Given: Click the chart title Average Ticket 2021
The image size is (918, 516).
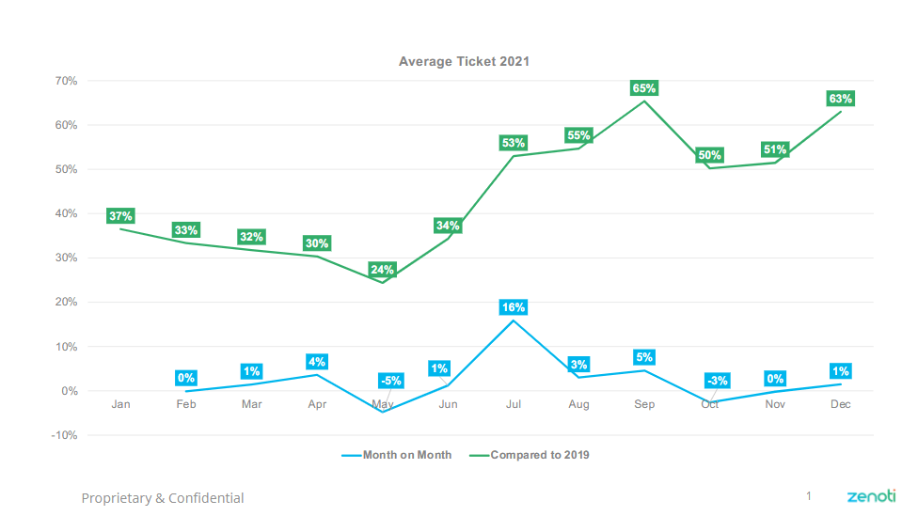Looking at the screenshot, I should [x=464, y=61].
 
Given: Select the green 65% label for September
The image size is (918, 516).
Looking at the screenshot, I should [x=644, y=88].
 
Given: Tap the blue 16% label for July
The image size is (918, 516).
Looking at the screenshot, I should [x=514, y=307].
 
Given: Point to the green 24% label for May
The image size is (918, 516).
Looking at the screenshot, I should [x=383, y=270].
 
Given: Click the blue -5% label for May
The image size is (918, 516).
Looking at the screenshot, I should [x=390, y=381].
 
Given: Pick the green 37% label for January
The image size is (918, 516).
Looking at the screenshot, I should [x=120, y=215].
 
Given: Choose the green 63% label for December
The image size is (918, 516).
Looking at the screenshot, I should [x=840, y=99].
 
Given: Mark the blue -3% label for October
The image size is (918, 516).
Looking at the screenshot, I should [x=718, y=381].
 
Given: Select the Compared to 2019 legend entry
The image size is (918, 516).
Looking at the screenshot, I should [x=539, y=455].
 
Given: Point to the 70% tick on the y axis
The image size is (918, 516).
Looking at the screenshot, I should [x=64, y=81].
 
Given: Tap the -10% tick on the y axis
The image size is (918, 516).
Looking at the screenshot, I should [x=62, y=435].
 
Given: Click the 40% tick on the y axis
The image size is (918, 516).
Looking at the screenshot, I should [x=64, y=213].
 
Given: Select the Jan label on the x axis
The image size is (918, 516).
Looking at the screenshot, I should [x=120, y=404].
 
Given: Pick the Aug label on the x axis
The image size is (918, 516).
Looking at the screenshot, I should [x=578, y=404].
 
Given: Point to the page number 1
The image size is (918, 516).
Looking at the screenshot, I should [x=808, y=495].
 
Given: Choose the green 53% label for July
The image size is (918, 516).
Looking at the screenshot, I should [x=514, y=143].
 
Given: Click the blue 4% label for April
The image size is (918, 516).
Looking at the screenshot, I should [x=317, y=362].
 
